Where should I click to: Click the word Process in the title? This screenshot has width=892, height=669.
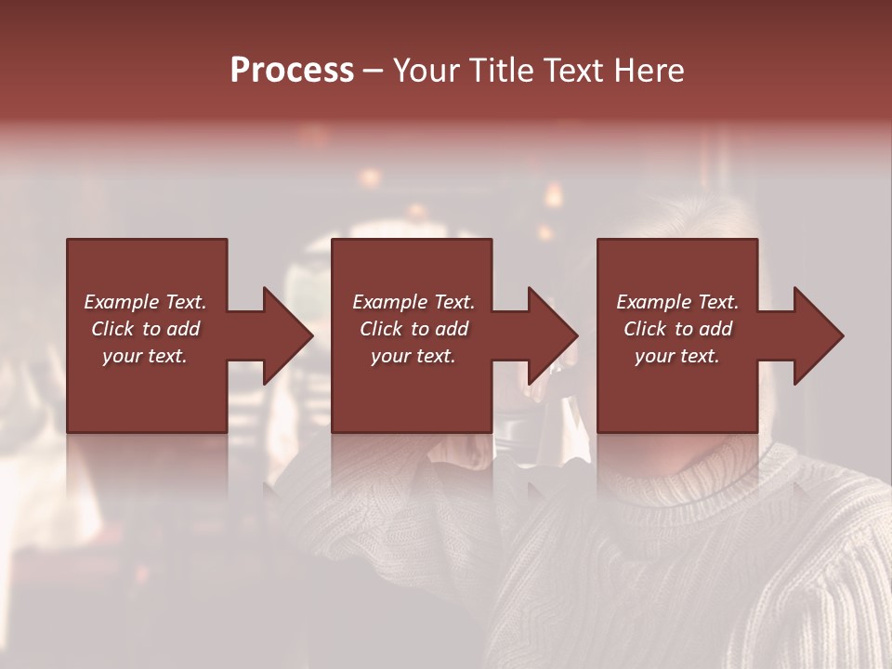coord(292,71)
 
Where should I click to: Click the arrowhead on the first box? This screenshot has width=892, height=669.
coord(284,335)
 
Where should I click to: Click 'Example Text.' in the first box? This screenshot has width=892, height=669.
coord(145,302)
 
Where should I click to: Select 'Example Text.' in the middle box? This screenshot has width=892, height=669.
coord(413,302)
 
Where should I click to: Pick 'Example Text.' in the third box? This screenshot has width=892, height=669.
coord(677,302)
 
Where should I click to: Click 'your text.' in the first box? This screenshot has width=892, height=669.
coord(145,356)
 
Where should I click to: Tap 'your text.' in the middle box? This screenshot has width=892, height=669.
coord(413,356)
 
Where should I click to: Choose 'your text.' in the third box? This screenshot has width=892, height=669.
coord(677,356)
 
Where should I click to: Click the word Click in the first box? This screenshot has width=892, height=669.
coord(112,329)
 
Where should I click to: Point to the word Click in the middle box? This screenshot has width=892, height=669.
coord(381,329)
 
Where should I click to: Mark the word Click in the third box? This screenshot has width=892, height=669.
coord(645,329)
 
